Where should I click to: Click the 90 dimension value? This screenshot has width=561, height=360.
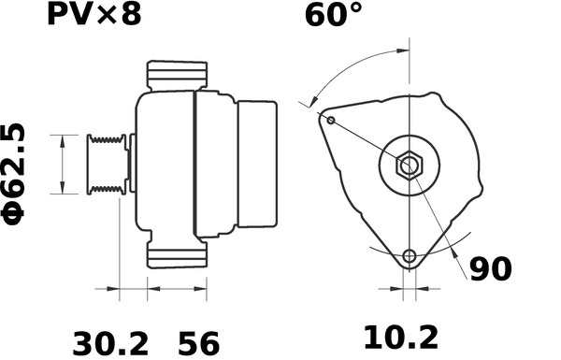click(491, 269)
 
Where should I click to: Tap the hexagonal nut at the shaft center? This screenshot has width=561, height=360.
click(409, 166)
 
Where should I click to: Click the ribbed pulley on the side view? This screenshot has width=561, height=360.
click(105, 165)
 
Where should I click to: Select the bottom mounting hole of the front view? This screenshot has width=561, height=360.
click(409, 257)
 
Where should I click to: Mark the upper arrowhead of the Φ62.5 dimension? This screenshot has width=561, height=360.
click(63, 138)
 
